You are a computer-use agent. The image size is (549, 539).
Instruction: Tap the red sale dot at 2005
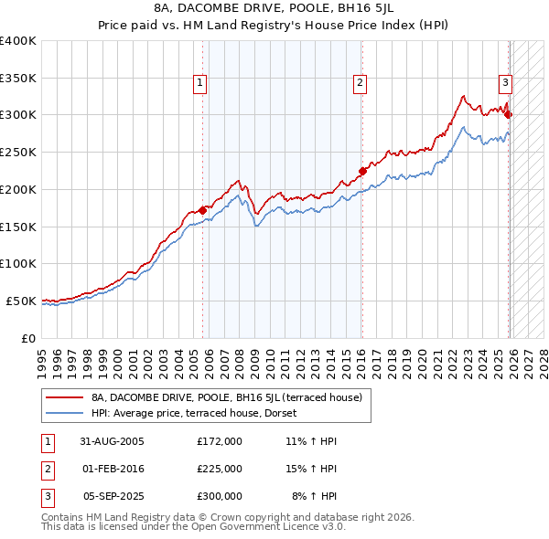click(x=202, y=210)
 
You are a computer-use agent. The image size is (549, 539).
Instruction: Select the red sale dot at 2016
click(x=362, y=170)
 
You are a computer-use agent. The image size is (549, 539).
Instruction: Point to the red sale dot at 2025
click(x=509, y=114)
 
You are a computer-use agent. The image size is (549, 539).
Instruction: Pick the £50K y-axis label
click(x=21, y=301)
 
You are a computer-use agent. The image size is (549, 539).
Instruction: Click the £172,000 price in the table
click(x=220, y=440)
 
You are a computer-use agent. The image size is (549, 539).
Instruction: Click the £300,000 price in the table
click(x=220, y=496)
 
